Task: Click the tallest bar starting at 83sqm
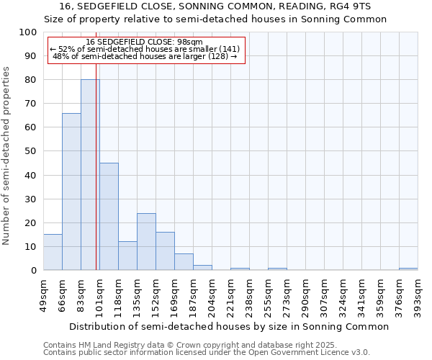click(x=90, y=175)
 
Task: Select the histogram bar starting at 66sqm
click(x=71, y=192)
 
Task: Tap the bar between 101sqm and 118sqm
click(x=109, y=216)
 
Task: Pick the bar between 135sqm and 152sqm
click(x=146, y=241)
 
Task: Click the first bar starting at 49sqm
click(x=53, y=252)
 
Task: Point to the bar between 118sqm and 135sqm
click(x=127, y=256)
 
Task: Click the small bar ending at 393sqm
click(x=408, y=269)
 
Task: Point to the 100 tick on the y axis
click(x=28, y=32)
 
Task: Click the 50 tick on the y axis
click(x=31, y=151)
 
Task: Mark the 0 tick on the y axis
click(x=34, y=270)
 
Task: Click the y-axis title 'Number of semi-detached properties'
click(x=7, y=156)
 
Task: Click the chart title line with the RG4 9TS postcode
click(x=215, y=6)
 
